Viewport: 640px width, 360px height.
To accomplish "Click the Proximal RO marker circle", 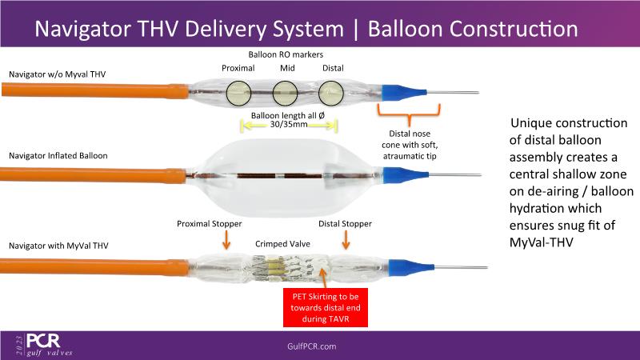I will coord(238,94).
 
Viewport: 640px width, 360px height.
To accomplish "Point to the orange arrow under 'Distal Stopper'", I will coord(346,239).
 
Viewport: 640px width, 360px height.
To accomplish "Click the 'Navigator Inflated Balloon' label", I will coord(58,155).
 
